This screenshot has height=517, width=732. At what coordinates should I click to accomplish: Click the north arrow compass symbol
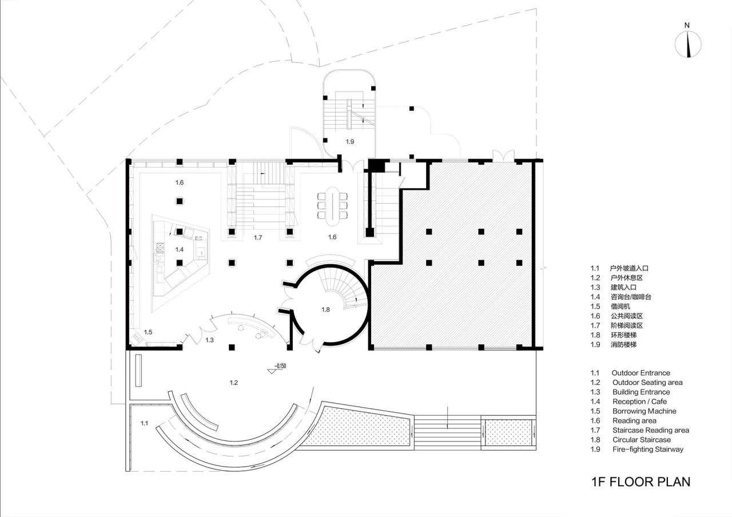pyautogui.click(x=688, y=45)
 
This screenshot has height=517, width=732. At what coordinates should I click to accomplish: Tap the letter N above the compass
pyautogui.click(x=687, y=25)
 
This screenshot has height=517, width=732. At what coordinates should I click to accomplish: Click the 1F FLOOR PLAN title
pyautogui.click(x=640, y=482)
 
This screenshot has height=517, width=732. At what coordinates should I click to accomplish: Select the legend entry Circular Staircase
pyautogui.click(x=641, y=440)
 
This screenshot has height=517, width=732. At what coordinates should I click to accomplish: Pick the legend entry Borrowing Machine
pyautogui.click(x=644, y=411)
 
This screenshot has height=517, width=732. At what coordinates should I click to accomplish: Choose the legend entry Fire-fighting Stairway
pyautogui.click(x=647, y=450)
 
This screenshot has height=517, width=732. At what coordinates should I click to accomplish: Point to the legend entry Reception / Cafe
pyautogui.click(x=639, y=401)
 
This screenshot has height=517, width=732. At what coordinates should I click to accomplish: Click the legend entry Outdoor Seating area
pyautogui.click(x=647, y=383)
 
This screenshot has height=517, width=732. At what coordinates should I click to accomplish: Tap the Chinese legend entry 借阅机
pyautogui.click(x=619, y=306)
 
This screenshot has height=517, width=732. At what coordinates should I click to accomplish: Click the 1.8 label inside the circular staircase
pyautogui.click(x=325, y=309)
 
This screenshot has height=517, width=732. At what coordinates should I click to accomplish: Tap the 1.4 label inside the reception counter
pyautogui.click(x=180, y=249)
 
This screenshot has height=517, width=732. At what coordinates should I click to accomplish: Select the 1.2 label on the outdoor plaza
pyautogui.click(x=233, y=383)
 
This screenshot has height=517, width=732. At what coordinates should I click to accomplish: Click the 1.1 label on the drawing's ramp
pyautogui.click(x=144, y=423)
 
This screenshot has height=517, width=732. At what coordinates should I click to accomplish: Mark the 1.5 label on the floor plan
pyautogui.click(x=148, y=332)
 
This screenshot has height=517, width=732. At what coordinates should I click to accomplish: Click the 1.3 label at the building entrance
pyautogui.click(x=209, y=340)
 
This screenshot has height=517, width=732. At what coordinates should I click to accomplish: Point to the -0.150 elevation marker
pyautogui.click(x=279, y=366)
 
